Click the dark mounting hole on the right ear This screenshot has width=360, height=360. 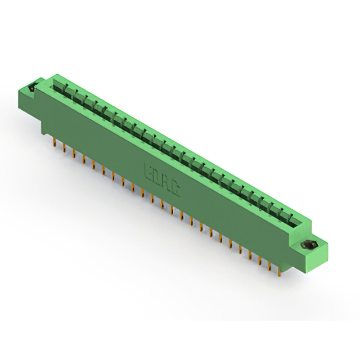point(309,245)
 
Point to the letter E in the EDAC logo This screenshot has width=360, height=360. point(150,172)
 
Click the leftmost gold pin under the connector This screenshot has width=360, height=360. point(54,145)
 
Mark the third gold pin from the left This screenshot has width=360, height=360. point(74,155)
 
